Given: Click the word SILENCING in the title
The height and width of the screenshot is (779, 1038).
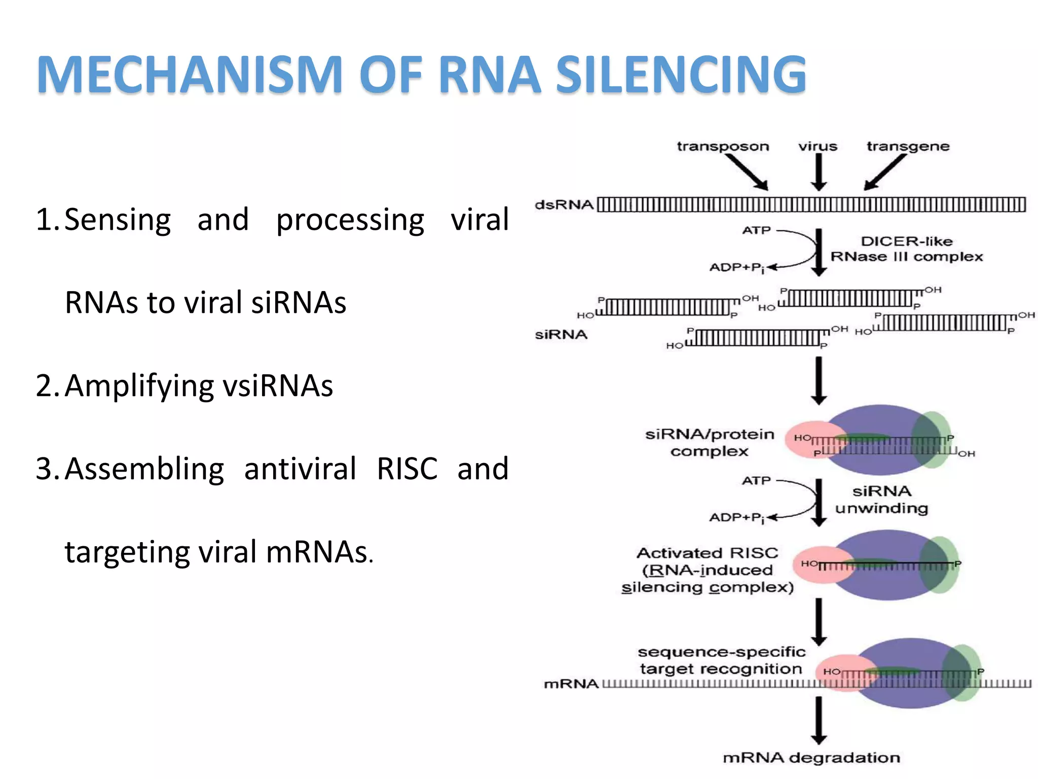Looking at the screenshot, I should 681,75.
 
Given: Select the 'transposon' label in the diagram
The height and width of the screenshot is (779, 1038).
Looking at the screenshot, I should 723,147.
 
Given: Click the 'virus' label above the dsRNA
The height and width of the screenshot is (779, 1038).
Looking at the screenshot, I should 818,147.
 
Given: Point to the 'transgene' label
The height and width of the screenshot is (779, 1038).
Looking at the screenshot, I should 908,147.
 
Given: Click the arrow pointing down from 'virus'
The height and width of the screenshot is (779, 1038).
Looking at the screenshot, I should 819,172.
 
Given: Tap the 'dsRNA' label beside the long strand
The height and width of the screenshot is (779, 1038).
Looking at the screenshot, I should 564,205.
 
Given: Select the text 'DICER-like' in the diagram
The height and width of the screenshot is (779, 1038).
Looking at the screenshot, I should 906,241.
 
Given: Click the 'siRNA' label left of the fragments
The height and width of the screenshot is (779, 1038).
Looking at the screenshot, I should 561,335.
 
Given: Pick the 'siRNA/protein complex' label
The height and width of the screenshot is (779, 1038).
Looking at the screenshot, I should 710,442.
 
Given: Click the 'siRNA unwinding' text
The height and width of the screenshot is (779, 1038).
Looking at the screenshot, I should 881,500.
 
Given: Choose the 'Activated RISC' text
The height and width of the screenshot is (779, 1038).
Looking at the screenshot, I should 707,553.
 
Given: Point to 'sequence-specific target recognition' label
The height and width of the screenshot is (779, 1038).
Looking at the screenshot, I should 721,660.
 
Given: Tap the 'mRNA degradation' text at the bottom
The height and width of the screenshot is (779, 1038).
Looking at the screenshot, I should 811,758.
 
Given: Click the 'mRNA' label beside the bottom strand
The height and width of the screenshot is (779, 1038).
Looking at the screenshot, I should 571,684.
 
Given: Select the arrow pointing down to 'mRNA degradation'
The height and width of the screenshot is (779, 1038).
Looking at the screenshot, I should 819,720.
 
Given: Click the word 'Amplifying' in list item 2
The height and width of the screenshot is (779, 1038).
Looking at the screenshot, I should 140,386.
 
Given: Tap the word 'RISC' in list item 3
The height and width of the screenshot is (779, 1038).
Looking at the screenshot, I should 407,469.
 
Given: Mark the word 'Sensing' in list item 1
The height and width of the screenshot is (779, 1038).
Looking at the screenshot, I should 118,220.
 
